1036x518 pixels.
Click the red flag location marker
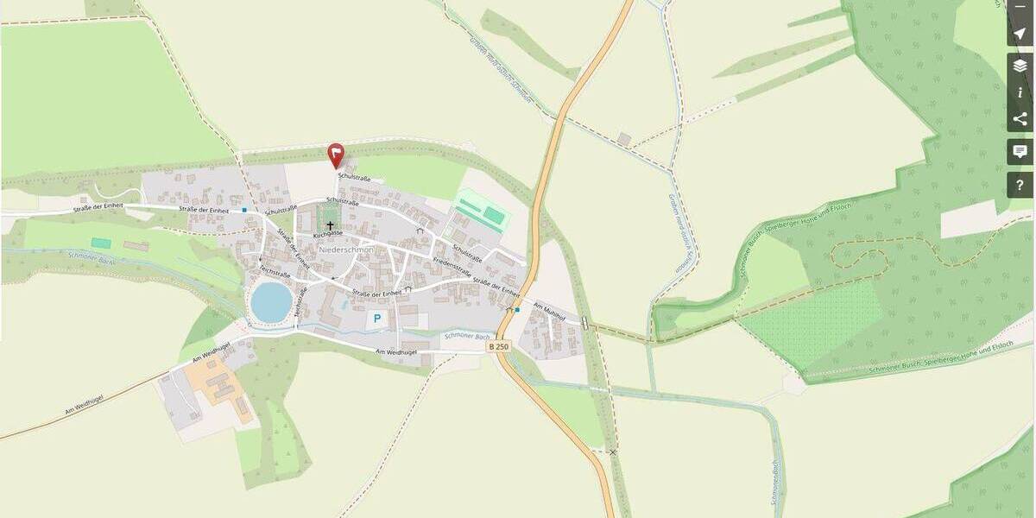pyautogui.click(x=336, y=154)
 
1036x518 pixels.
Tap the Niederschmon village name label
pyautogui.click(x=345, y=250)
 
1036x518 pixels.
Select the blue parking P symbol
pyautogui.click(x=376, y=319)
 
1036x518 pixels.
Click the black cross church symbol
pyautogui.click(x=330, y=225)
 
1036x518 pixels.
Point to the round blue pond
pyautogui.click(x=271, y=300)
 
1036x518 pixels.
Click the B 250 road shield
pyautogui.click(x=499, y=346)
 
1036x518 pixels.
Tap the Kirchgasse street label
pyautogui.click(x=328, y=234)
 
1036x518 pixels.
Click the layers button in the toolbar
pyautogui.click(x=1020, y=66)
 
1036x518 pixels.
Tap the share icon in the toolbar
pyautogui.click(x=1020, y=119)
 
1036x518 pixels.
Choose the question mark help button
pyautogui.click(x=1020, y=185)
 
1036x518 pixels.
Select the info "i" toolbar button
pyautogui.click(x=1020, y=92)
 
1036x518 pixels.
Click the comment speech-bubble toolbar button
pyautogui.click(x=1020, y=152)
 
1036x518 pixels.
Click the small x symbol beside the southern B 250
pyautogui.click(x=613, y=452)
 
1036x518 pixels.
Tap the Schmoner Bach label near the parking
pyautogui.click(x=466, y=335)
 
